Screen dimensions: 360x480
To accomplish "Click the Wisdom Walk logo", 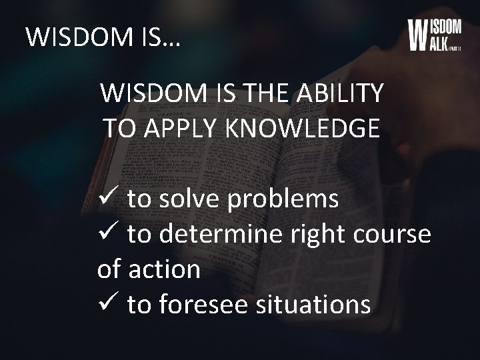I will point(434,35).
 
